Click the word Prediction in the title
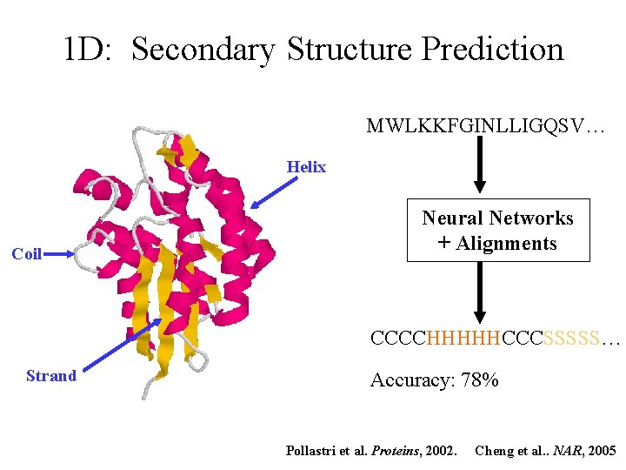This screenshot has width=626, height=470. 492,49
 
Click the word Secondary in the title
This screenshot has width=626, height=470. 203,49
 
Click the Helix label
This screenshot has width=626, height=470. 306,167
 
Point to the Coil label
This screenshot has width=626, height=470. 26,254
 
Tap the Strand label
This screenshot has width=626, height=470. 51,375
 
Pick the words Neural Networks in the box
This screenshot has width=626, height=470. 497,218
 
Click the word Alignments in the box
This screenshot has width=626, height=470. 507,243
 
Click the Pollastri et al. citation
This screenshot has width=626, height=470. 371,450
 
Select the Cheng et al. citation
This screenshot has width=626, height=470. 546,450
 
